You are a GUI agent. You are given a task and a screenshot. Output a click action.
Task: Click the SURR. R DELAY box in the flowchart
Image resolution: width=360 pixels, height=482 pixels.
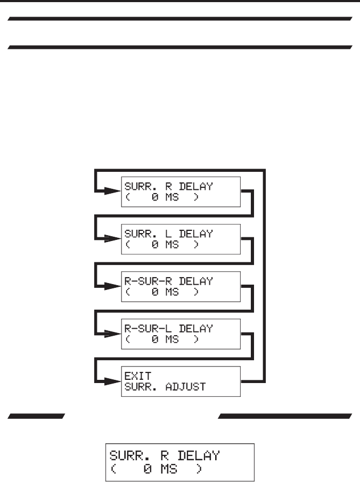pyautogui.click(x=181, y=192)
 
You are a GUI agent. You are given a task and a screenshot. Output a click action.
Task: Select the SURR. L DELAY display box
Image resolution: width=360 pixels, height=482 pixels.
pyautogui.click(x=181, y=239)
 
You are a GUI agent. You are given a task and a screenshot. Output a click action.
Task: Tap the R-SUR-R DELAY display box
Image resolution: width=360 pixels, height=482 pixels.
pyautogui.click(x=181, y=286)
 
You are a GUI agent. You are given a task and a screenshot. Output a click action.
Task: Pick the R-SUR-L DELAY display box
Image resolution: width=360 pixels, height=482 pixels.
pyautogui.click(x=181, y=334)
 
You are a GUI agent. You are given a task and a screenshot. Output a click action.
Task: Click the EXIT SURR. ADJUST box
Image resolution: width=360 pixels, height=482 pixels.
pyautogui.click(x=181, y=381)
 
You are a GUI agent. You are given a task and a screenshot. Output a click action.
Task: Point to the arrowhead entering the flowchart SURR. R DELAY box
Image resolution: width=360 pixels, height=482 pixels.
pyautogui.click(x=112, y=192)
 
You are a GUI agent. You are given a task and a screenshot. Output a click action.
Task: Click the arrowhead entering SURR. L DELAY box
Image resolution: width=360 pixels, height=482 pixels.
pyautogui.click(x=112, y=239)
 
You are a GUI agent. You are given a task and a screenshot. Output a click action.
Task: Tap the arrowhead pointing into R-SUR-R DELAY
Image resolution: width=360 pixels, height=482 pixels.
pyautogui.click(x=112, y=286)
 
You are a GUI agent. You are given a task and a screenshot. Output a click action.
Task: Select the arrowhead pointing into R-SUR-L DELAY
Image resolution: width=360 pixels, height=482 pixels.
pyautogui.click(x=112, y=334)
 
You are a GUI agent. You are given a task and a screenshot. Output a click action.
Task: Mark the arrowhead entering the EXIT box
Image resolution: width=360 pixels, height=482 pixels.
pyautogui.click(x=112, y=381)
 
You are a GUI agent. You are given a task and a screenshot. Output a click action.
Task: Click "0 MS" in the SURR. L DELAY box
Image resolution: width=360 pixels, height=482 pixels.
pyautogui.click(x=166, y=245)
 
